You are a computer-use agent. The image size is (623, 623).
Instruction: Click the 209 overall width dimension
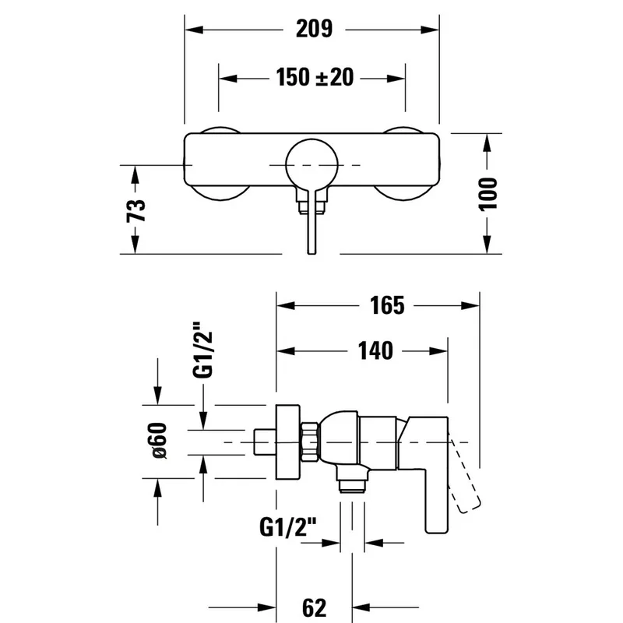(314, 29)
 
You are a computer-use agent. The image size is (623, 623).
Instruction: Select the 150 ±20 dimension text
(315, 77)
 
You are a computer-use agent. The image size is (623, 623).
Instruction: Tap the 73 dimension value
(136, 210)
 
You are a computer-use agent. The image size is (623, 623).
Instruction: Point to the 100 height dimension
(487, 194)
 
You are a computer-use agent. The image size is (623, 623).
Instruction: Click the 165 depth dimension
(387, 305)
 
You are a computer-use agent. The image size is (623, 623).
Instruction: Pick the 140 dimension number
(375, 350)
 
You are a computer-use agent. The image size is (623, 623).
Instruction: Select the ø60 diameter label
(160, 441)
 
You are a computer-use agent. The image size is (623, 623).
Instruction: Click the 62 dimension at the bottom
(315, 607)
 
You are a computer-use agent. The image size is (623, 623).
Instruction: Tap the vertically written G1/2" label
(202, 350)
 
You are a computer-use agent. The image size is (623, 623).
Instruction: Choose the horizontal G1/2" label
(288, 527)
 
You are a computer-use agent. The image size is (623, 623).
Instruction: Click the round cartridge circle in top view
(312, 165)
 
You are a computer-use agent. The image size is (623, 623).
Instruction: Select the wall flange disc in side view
(288, 442)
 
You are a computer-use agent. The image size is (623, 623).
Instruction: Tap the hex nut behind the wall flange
(310, 442)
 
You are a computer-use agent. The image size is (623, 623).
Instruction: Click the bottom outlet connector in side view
(352, 479)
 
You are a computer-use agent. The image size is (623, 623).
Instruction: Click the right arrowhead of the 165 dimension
(470, 305)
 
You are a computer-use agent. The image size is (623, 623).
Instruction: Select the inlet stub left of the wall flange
(265, 442)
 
